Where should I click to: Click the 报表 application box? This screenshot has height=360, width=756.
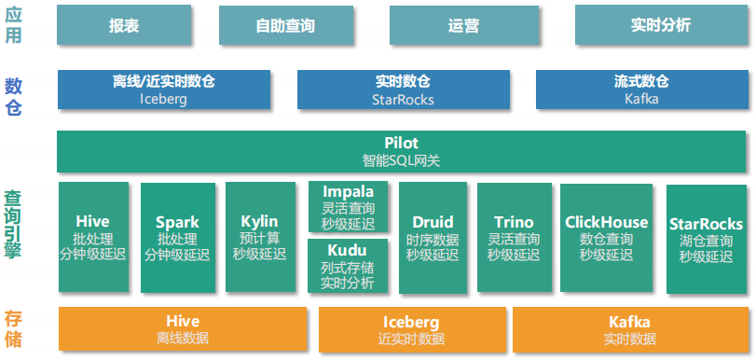(x=123, y=25)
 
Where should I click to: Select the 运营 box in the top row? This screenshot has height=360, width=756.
(x=463, y=25)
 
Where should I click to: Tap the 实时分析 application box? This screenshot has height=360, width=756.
(x=660, y=25)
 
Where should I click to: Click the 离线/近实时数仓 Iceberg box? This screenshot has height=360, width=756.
(x=164, y=90)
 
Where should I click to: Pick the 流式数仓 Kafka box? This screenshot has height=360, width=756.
(x=641, y=90)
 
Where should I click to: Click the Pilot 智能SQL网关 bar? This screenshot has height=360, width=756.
(x=401, y=151)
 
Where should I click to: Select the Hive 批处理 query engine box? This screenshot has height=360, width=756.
(x=92, y=237)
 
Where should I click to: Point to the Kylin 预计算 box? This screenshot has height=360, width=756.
(x=259, y=237)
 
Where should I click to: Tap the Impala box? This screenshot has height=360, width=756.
(x=348, y=207)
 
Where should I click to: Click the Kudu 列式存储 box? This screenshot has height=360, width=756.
(x=348, y=266)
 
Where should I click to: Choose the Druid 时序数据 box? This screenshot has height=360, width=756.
(x=433, y=237)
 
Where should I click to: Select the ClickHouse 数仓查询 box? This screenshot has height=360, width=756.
(x=606, y=237)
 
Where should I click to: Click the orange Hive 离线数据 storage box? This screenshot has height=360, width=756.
(x=183, y=328)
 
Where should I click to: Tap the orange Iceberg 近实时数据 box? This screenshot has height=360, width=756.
(x=411, y=328)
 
